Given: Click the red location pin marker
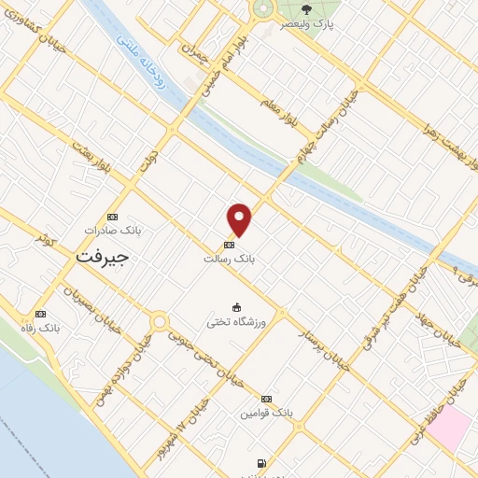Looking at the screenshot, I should [240, 220].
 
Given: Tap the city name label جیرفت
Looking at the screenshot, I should [100, 254].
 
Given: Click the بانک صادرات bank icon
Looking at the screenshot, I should [113, 215].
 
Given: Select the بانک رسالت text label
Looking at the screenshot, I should [229, 259].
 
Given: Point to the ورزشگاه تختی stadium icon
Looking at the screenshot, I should [236, 307].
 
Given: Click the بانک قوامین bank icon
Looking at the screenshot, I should [267, 397].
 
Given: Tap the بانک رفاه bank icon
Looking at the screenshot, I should [39, 314].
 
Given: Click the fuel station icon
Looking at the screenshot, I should [260, 462].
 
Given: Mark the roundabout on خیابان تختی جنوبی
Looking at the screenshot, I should [160, 322].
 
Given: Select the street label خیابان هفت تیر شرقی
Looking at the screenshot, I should [381, 307].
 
